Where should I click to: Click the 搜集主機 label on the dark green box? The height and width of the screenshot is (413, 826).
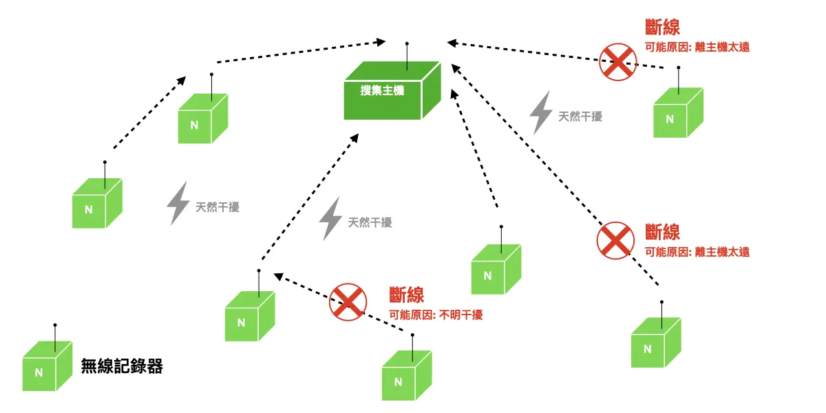point(382,90)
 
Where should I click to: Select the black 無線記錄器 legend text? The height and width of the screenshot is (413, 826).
point(122,366)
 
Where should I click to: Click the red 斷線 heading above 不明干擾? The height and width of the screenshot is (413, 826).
point(406,295)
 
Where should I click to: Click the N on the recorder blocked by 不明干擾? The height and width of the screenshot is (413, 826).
point(398,381)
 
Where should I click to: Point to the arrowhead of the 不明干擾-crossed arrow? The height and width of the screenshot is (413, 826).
point(278,276)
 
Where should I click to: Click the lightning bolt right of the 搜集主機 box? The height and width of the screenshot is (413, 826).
point(540,112)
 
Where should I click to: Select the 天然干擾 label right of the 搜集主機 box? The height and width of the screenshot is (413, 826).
point(580,117)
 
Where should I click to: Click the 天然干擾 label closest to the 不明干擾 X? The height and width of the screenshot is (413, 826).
point(370,222)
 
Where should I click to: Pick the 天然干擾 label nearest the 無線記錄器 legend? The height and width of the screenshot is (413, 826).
point(218,207)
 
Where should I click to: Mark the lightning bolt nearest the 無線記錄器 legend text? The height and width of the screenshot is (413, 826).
point(178,203)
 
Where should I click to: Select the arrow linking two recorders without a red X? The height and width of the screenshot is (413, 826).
point(149,114)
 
